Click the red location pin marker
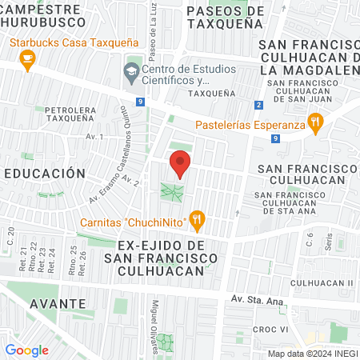pyautogui.click(x=180, y=164)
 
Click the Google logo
pyautogui.click(x=27, y=350)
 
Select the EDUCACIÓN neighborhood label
pyautogui.click(x=44, y=173)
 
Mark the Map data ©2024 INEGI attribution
pyautogui.click(x=313, y=354)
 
